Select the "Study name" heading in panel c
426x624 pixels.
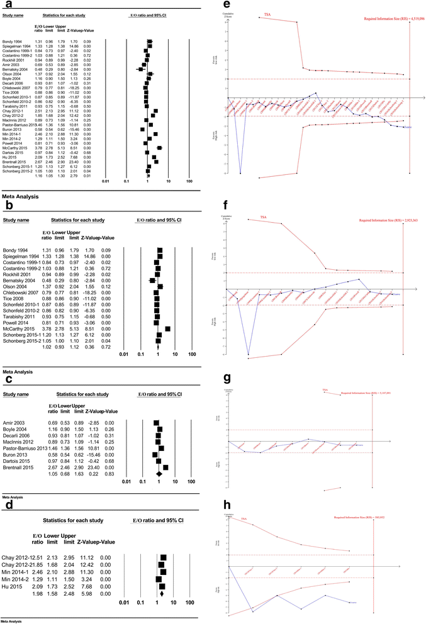(x=17, y=395)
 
